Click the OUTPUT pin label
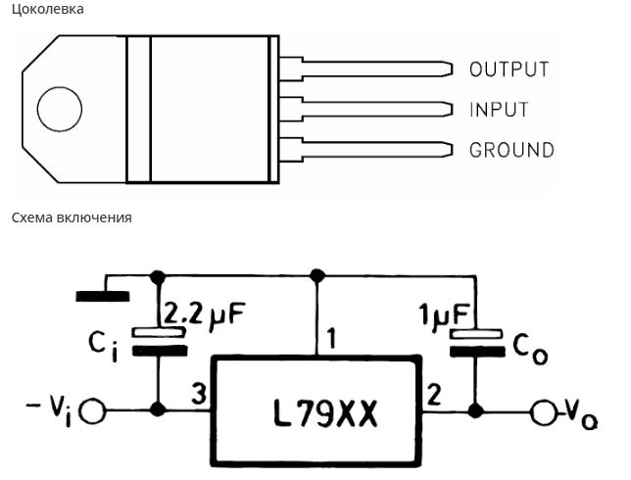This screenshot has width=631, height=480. [510, 70]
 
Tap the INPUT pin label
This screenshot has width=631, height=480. [499, 110]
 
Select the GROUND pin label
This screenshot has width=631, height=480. [511, 150]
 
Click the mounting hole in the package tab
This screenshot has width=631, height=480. [60, 109]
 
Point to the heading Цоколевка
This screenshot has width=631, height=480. [47, 9]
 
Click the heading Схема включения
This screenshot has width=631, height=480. [72, 217]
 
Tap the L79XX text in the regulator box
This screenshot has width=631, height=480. [325, 413]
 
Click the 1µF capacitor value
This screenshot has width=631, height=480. [444, 314]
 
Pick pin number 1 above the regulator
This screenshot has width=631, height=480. [331, 338]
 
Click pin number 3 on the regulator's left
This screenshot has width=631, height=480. [199, 394]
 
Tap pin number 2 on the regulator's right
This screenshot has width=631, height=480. [434, 395]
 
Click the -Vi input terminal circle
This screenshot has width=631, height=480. [92, 411]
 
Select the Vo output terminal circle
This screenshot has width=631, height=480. [544, 412]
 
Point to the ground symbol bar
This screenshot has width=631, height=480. [103, 297]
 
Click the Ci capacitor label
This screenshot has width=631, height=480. [104, 348]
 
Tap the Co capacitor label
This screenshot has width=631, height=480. [530, 350]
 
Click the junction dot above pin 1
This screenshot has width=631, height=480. [317, 276]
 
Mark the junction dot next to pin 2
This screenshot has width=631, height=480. [475, 411]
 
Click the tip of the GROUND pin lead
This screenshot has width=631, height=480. [453, 150]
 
